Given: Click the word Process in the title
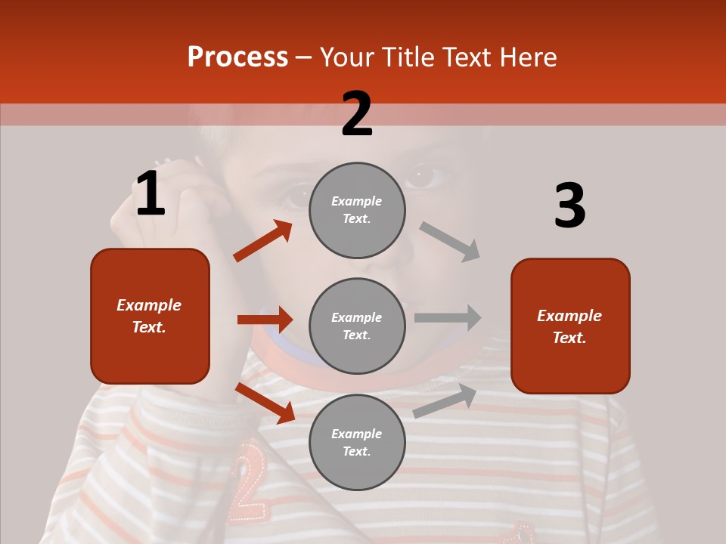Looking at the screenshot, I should [x=237, y=57].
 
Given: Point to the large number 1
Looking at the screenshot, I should [x=150, y=194].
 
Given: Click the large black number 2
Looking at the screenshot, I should [x=357, y=114].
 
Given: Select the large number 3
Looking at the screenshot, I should [x=569, y=206].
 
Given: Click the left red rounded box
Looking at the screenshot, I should [x=150, y=316].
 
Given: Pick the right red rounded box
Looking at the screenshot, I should [x=570, y=326].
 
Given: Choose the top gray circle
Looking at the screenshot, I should [x=357, y=210].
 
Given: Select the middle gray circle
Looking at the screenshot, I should [x=357, y=326].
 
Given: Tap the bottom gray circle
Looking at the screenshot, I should [x=357, y=443].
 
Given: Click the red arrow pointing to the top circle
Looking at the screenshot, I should [x=263, y=240].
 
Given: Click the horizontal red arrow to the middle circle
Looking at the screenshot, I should [x=265, y=320].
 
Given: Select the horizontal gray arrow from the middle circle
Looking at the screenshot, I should [x=448, y=317].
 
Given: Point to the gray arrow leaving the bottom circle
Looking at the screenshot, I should [x=445, y=400].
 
